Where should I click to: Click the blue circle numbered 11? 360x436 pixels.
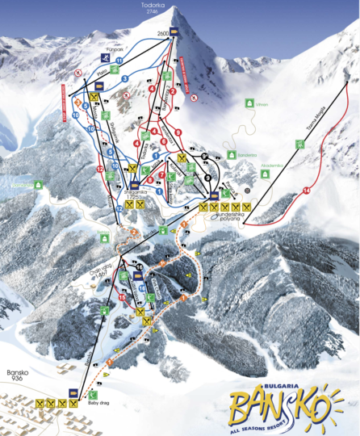point(119,61)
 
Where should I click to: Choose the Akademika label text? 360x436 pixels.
point(271,167)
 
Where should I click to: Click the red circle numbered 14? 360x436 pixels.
point(306,190)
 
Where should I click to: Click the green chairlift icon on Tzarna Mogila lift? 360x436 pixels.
point(299,144)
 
